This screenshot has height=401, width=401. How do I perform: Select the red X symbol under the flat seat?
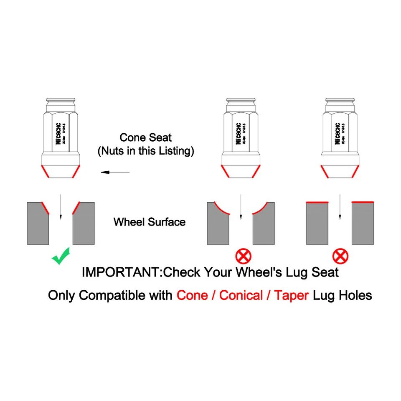340,255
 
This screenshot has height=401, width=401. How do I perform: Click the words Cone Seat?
145,137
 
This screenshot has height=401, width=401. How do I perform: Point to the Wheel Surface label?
149,221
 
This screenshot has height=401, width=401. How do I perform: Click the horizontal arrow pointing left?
115,172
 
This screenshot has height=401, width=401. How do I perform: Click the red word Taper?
292,295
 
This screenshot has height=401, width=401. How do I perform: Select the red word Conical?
241,295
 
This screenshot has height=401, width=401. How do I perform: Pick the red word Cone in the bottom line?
193,295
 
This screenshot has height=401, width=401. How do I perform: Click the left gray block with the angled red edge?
38,223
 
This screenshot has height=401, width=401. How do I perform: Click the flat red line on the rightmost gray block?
363,202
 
